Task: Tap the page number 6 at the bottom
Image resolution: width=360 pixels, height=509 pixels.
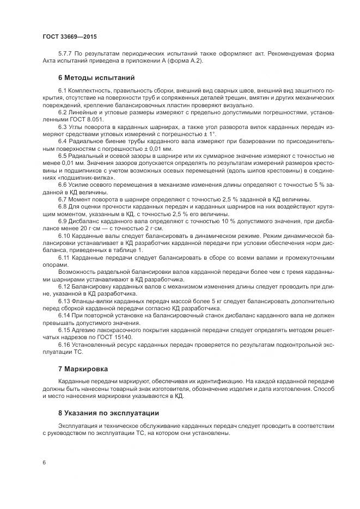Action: click(43, 463)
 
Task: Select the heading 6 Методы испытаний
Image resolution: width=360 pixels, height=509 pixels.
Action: click(96, 78)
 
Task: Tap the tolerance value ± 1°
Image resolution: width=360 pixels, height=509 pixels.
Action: click(208, 134)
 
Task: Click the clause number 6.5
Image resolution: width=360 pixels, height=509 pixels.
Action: click(63, 156)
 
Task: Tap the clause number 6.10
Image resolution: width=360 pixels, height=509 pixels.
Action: click(64, 237)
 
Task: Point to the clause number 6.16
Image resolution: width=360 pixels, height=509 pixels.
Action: click(64, 344)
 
